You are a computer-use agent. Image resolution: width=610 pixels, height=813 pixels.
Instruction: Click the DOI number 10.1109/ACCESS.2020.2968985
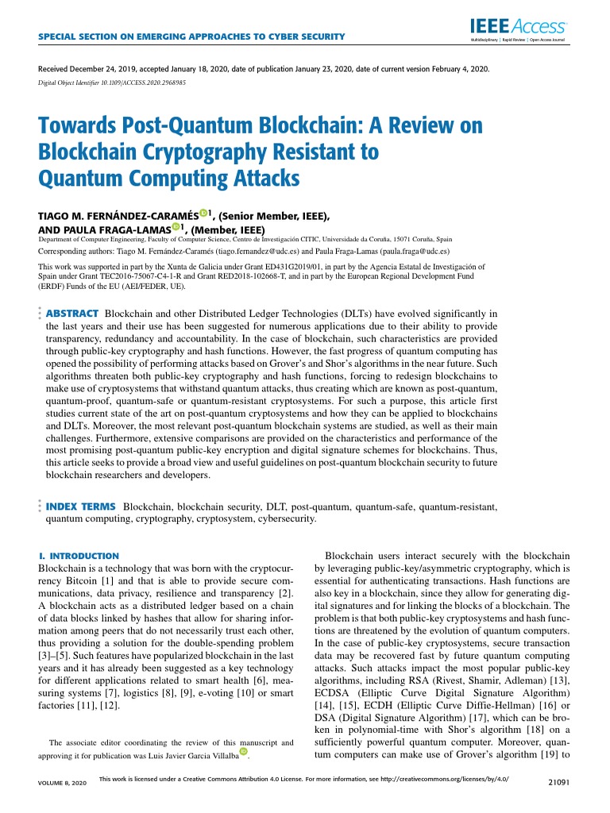click(144, 82)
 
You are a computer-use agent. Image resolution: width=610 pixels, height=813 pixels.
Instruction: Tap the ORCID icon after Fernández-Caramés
click(204, 213)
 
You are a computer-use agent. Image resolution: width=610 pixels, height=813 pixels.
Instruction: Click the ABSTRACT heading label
click(72, 314)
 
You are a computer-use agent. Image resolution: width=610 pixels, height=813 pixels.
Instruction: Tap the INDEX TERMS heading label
click(82, 506)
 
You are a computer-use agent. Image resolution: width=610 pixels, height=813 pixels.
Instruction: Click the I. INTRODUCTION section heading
click(79, 557)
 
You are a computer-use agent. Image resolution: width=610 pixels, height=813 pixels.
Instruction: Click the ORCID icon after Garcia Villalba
click(244, 751)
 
